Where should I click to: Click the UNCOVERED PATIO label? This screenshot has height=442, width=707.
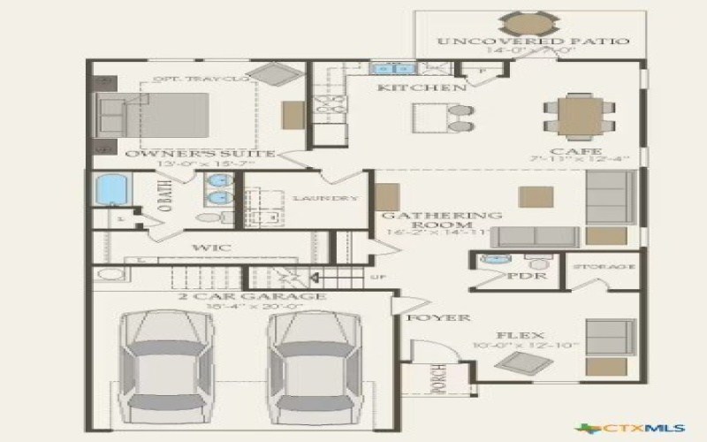533,42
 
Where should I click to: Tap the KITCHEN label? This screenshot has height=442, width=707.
422,88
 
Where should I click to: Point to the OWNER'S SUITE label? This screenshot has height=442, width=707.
200,154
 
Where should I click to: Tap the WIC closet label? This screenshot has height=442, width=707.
211,248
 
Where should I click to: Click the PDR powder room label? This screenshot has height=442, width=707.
528,277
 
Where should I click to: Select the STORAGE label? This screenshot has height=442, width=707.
604,266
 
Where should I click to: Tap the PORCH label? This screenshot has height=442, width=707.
435,379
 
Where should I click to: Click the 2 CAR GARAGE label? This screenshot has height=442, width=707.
252,296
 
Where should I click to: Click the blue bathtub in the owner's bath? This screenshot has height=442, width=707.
110,190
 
